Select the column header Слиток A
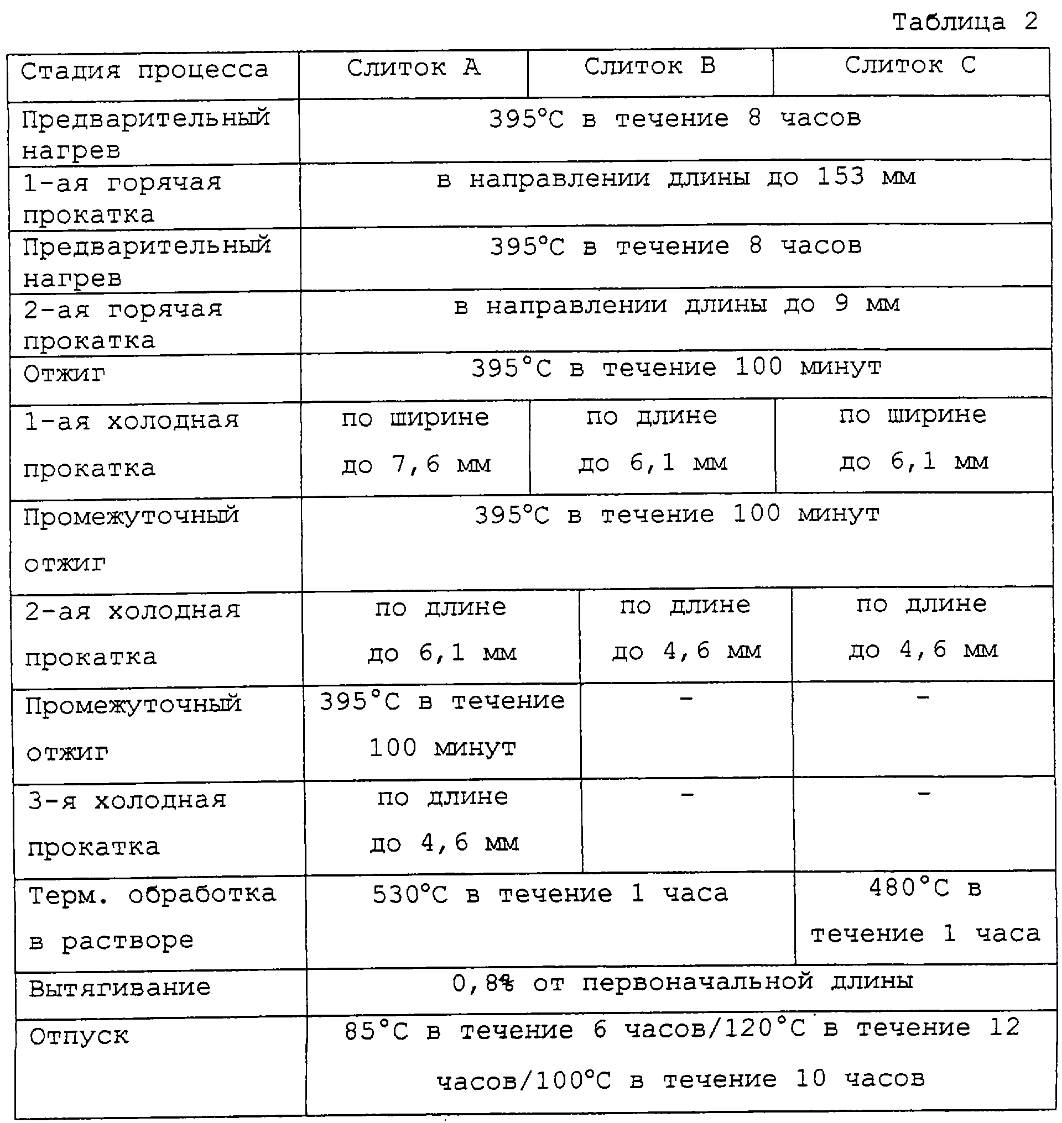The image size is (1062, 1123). (x=413, y=68)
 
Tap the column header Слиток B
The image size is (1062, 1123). (x=649, y=66)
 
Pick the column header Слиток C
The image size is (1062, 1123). (x=910, y=65)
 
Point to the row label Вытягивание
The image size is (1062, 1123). (x=119, y=988)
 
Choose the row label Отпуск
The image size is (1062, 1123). (x=79, y=1036)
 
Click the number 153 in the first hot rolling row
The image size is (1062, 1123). (x=841, y=176)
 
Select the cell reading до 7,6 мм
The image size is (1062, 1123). (x=416, y=465)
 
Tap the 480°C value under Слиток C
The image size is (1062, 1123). (x=909, y=888)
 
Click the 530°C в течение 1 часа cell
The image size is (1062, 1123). (x=550, y=894)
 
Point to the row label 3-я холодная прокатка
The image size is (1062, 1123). (x=127, y=823)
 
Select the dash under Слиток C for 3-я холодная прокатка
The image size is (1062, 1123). (x=924, y=794)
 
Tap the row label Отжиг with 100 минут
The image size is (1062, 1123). (x=65, y=374)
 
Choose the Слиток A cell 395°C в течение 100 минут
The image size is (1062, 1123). (x=442, y=725)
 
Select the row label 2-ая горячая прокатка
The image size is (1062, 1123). (x=123, y=326)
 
